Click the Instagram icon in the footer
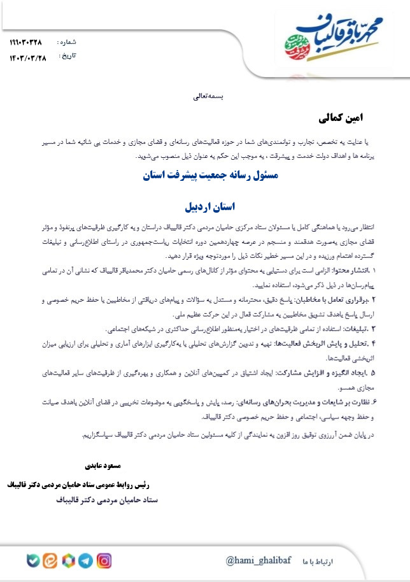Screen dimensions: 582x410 [x=104, y=561]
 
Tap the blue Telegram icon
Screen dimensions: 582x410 [x=85, y=561]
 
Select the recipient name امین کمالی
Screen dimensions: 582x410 [x=344, y=118]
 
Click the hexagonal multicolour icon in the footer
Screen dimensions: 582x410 [x=67, y=561]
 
